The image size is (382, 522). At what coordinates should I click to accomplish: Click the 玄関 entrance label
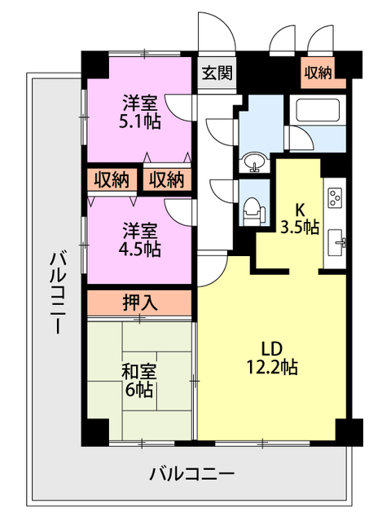tap(216, 72)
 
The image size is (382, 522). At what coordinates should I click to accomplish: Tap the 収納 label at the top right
tap(318, 72)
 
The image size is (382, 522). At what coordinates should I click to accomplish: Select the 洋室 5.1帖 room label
tap(141, 113)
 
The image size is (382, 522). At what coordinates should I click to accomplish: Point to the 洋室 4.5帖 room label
tap(141, 239)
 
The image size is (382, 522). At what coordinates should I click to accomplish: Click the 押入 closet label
tap(140, 303)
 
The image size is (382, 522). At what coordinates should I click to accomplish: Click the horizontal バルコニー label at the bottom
tap(192, 473)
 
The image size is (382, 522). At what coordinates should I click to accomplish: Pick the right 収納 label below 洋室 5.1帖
tap(167, 179)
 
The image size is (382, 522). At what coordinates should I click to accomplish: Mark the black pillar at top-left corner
tap(94, 64)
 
